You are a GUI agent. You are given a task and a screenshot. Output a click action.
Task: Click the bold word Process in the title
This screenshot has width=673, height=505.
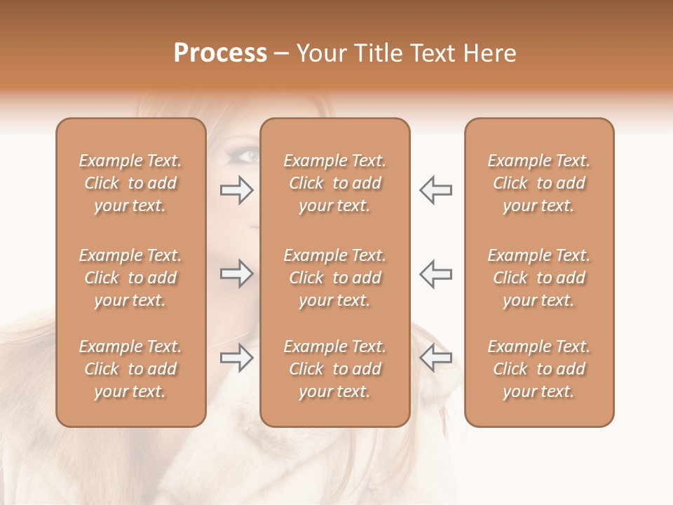pos(220,53)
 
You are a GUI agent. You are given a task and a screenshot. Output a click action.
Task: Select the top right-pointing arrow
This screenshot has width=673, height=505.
pos(237,190)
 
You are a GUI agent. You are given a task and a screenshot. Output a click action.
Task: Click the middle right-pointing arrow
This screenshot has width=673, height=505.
pos(237,274)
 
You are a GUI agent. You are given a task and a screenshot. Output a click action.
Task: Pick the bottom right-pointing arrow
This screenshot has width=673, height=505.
pos(237,358)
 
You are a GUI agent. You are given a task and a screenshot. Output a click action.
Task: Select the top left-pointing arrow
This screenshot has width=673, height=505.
pos(435,190)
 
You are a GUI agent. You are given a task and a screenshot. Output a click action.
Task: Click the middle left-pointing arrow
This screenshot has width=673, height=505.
pos(435,274)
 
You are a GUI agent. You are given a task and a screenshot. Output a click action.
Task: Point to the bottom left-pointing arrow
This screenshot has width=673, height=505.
pos(435,358)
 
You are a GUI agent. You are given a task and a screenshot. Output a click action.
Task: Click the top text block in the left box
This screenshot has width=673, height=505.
pos(130,183)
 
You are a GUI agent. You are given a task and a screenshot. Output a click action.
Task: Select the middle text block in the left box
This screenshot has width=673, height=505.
pos(130,278)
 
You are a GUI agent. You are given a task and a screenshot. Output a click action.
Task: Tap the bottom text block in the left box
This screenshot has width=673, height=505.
pos(130,369)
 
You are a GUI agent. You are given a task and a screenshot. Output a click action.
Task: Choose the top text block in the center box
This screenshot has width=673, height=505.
pos(335,183)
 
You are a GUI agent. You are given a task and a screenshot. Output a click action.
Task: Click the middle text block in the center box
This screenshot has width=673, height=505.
pos(335,278)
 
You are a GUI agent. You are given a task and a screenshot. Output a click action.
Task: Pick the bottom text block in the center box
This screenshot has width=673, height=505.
pos(335,369)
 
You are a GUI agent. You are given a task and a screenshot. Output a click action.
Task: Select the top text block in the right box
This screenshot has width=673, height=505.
pos(539,183)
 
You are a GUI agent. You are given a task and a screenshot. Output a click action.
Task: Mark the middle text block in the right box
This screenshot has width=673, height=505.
pos(539,278)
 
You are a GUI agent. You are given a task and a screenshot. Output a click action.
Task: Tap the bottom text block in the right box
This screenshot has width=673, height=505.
pos(539,369)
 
